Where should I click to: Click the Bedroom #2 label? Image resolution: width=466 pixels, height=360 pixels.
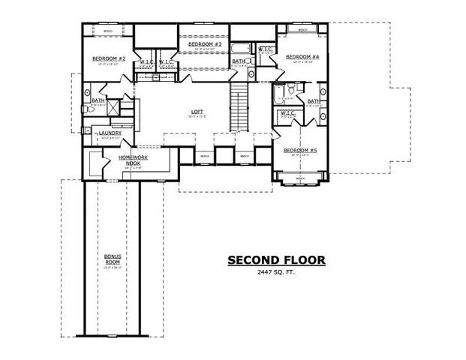[x=108, y=58]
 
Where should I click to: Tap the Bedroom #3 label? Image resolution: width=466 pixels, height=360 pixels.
[x=204, y=45]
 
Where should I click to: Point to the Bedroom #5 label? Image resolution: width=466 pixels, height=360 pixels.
[x=300, y=151]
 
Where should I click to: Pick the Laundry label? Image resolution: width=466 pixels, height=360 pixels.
[x=110, y=133]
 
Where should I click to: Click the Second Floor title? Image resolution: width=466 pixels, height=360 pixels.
[x=277, y=260]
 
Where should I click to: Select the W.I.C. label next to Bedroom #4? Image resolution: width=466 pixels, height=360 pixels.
[x=266, y=50]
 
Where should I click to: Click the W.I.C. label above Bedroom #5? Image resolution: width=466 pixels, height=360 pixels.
[x=286, y=114]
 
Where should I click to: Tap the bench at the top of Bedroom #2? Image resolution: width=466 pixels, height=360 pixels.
[x=108, y=31]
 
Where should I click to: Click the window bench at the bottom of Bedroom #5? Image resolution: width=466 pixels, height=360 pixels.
[x=300, y=181]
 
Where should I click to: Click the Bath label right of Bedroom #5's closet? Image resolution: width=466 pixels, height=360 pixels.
[x=313, y=100]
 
